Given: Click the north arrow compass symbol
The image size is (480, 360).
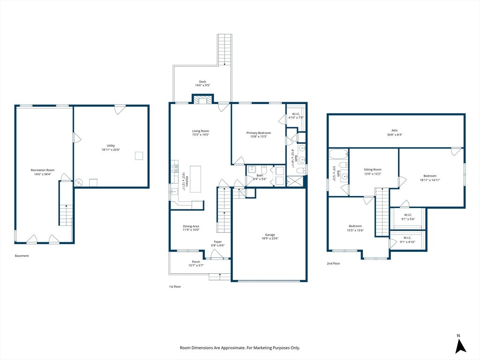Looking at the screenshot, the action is tap(460, 345).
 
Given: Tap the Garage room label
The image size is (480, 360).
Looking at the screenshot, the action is tap(270, 235).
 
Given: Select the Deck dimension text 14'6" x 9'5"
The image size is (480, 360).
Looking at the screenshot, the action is tap(202, 85).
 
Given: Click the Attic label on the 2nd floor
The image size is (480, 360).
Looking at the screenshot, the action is tap(395, 130).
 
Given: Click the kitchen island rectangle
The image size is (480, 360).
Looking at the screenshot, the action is tap(195, 179).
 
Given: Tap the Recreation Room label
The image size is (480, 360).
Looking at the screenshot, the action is tap(43, 170).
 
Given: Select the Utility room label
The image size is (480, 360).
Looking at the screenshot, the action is tap(111, 146).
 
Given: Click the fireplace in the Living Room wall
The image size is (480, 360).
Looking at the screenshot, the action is tap(202, 100).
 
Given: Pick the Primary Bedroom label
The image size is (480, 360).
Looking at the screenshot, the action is tap(259, 133).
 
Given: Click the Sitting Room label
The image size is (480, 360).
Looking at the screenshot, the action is tap(373, 170).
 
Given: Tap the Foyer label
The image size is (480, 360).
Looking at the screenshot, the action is tap(217, 242).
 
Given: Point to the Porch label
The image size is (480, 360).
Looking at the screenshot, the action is tap(196, 262).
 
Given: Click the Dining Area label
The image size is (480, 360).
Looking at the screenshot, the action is tap(191, 226).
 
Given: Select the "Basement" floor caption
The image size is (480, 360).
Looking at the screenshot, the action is tap(22, 255).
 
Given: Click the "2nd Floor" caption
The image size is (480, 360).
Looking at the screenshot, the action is tap(333, 263).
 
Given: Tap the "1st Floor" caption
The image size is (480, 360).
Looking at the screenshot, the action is tap(175, 286).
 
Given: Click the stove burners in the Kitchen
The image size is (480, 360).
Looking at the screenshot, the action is tap(175, 169).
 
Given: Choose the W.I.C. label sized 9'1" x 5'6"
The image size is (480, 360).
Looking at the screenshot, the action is tap(408, 215).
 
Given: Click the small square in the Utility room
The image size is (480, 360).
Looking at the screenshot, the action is tap(139, 156).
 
